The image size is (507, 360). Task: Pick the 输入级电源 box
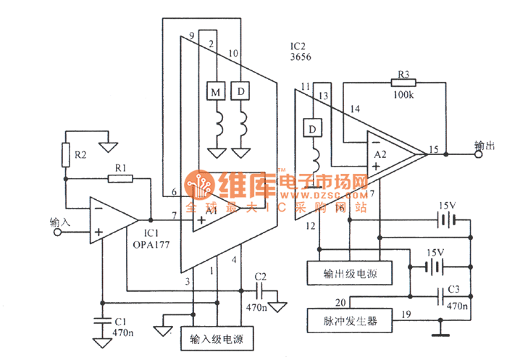(217, 338)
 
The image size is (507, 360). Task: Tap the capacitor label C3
(454, 289)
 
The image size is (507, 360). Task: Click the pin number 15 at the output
(433, 150)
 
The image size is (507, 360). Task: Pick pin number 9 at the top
(191, 36)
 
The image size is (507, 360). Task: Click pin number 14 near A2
(354, 109)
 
